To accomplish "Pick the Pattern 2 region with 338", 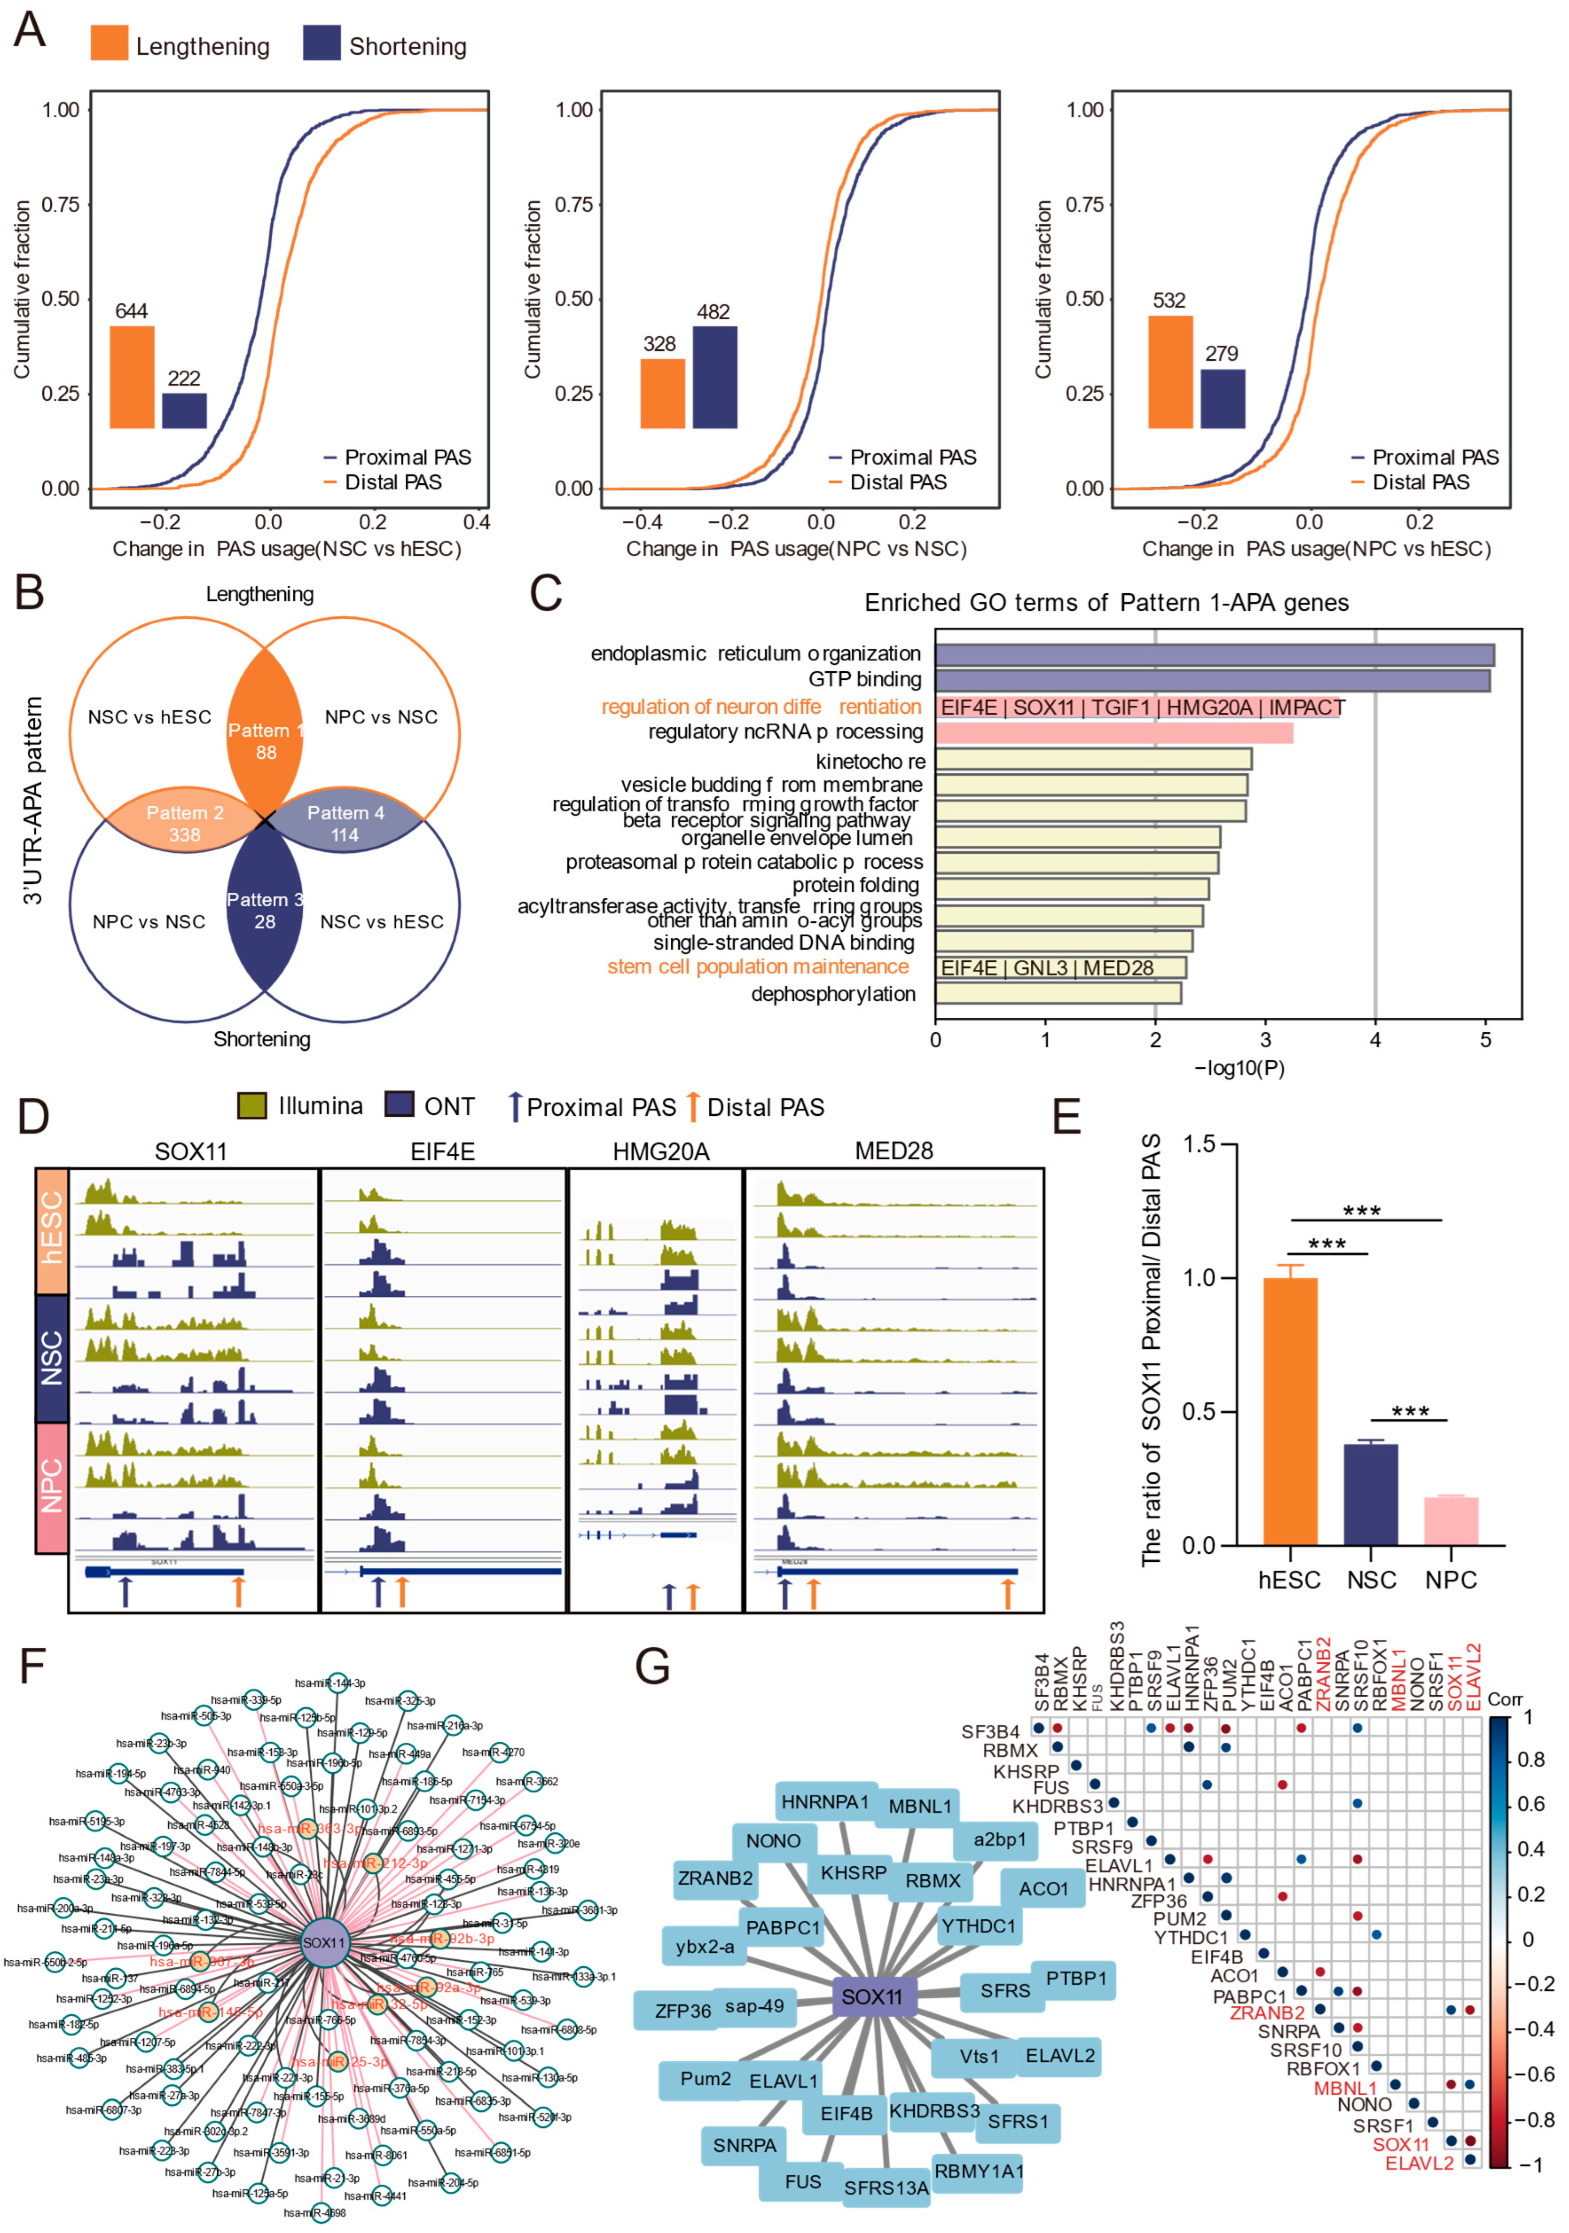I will tap(185, 824).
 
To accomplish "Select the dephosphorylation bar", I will tap(1059, 993).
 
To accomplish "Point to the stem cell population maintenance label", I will tap(758, 967).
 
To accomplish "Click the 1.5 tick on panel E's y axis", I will tap(1200, 1144).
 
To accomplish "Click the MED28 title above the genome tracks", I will tap(893, 1152).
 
